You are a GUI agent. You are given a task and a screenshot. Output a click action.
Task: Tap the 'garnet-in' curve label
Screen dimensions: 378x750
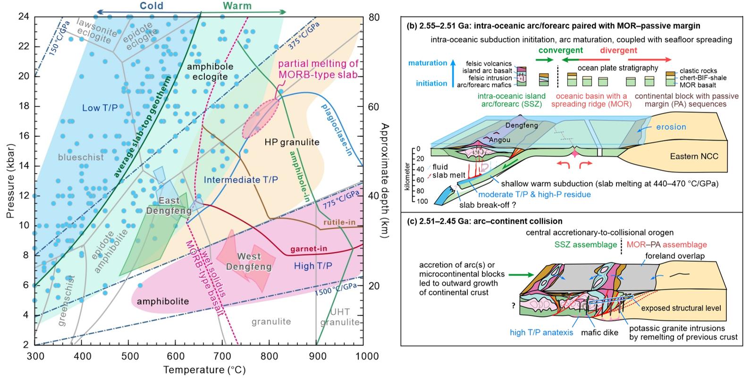(309, 249)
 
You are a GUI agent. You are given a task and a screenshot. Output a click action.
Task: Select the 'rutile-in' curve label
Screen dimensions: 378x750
(339, 222)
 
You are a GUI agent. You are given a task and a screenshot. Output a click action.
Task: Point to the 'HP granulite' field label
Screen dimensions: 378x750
(292, 142)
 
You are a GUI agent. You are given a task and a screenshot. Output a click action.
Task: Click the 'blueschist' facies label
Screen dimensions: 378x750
(81, 157)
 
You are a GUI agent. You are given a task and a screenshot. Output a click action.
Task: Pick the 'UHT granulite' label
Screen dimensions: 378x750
(340, 317)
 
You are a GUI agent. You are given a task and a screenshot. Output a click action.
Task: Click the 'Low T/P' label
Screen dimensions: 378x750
(100, 108)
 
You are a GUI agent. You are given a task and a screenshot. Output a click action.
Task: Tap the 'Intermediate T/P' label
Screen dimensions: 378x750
(241, 180)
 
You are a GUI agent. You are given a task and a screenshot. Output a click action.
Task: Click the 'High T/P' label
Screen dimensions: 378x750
(313, 266)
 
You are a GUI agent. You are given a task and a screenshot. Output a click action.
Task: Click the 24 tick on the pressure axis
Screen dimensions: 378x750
(24, 17)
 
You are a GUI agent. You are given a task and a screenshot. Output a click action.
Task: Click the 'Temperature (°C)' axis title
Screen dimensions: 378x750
(204, 370)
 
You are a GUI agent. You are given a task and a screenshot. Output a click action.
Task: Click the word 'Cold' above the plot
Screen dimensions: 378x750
(152, 6)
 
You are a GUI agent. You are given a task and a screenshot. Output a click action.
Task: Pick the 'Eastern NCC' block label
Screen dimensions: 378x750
(694, 156)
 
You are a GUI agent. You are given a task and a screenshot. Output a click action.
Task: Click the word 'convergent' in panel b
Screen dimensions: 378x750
(560, 50)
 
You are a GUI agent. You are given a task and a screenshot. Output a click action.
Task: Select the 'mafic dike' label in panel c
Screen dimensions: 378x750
(599, 332)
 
